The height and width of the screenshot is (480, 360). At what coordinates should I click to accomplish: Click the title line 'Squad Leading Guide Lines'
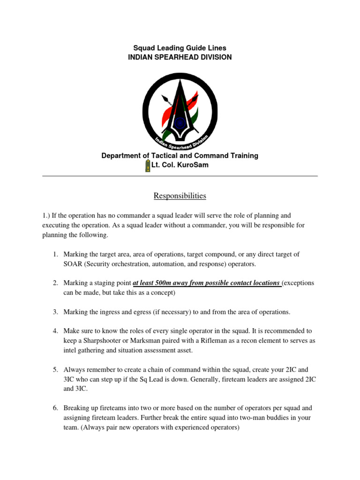(180, 48)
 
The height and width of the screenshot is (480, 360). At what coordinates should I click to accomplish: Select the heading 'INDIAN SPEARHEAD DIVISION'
(180, 57)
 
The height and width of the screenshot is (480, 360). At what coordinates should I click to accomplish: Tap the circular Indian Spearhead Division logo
(180, 108)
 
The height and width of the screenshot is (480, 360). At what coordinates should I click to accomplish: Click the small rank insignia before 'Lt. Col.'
(148, 165)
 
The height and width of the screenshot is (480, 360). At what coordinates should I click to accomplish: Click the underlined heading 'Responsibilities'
(180, 196)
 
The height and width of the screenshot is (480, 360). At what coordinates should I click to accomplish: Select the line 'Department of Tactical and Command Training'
(180, 156)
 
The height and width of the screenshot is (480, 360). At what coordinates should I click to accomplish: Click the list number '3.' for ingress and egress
(55, 312)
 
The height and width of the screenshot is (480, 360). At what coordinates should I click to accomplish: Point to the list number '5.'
(55, 370)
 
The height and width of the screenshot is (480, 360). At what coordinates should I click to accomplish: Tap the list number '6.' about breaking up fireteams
(55, 408)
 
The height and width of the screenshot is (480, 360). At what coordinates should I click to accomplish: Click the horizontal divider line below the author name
(180, 176)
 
